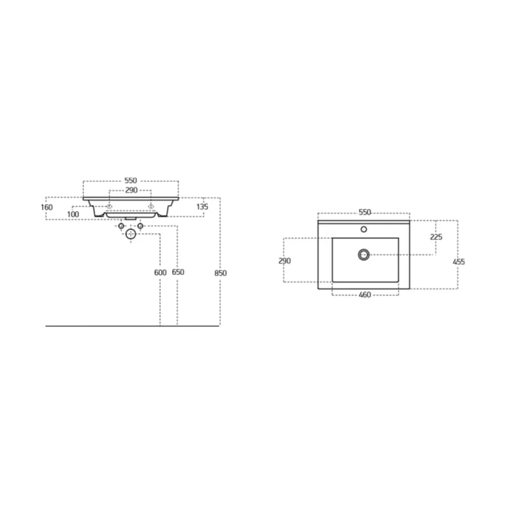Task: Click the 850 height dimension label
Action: pos(221,273)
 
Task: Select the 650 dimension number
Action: pos(178,272)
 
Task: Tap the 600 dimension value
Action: pos(160,273)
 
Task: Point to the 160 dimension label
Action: pos(47,207)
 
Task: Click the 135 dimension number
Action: pos(202,207)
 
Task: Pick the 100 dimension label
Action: pos(73,214)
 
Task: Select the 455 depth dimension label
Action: pos(459,262)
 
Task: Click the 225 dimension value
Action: pos(436,237)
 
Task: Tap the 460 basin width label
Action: pos(365,295)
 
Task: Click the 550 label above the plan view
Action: pos(365,212)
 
